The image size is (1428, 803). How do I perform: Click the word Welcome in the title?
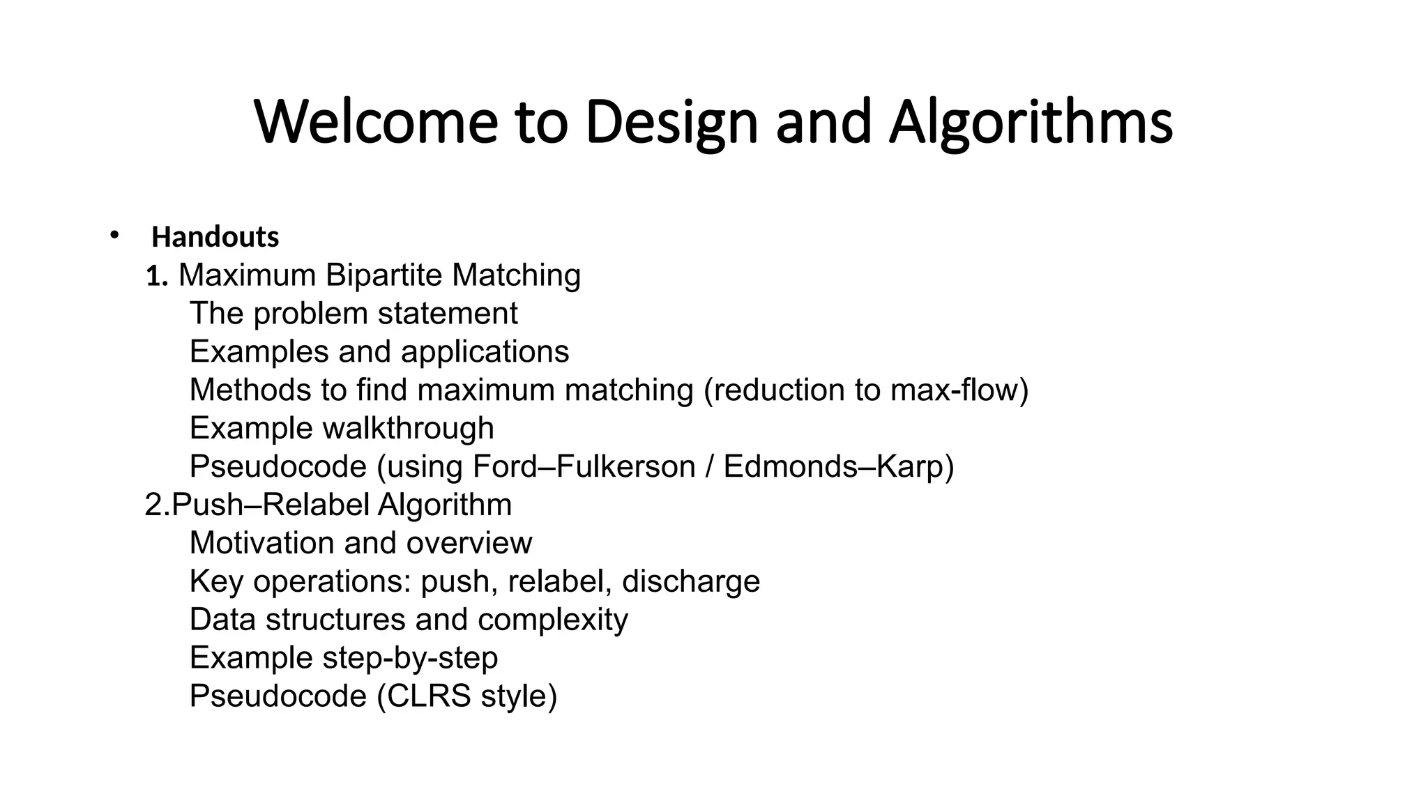376,122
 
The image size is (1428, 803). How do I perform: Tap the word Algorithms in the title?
1031,122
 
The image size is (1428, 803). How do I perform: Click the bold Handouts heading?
215,237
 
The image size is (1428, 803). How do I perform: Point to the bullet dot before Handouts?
114,235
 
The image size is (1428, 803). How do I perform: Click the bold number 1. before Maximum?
157,277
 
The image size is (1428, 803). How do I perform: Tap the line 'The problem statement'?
354,314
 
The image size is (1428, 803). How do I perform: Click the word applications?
485,352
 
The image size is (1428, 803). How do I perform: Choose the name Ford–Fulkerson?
584,466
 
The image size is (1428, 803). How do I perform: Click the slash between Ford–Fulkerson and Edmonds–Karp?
709,466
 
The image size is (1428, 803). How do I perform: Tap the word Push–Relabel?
271,505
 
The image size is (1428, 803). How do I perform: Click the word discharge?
690,581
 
